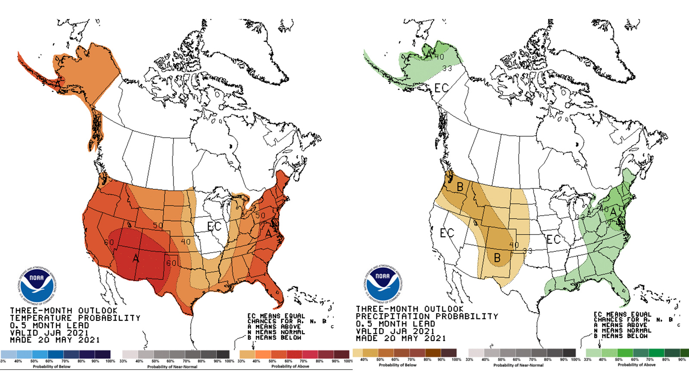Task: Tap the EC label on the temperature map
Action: pos(214,226)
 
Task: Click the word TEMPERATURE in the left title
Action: pos(41,318)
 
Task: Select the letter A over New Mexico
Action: pos(136,259)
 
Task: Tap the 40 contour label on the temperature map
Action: pos(186,242)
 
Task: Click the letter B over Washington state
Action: pos(460,187)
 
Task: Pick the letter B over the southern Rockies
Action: pos(497,258)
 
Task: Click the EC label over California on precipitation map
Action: pos(447,233)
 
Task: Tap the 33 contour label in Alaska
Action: pos(447,69)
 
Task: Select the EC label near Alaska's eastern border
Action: pos(441,88)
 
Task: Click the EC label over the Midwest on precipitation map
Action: pos(553,239)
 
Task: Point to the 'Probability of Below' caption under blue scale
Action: pos(52,367)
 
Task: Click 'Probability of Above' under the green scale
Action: pos(636,365)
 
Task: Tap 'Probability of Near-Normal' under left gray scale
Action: pos(172,367)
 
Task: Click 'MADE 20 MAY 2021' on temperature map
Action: pos(55,340)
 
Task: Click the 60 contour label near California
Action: pos(109,242)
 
